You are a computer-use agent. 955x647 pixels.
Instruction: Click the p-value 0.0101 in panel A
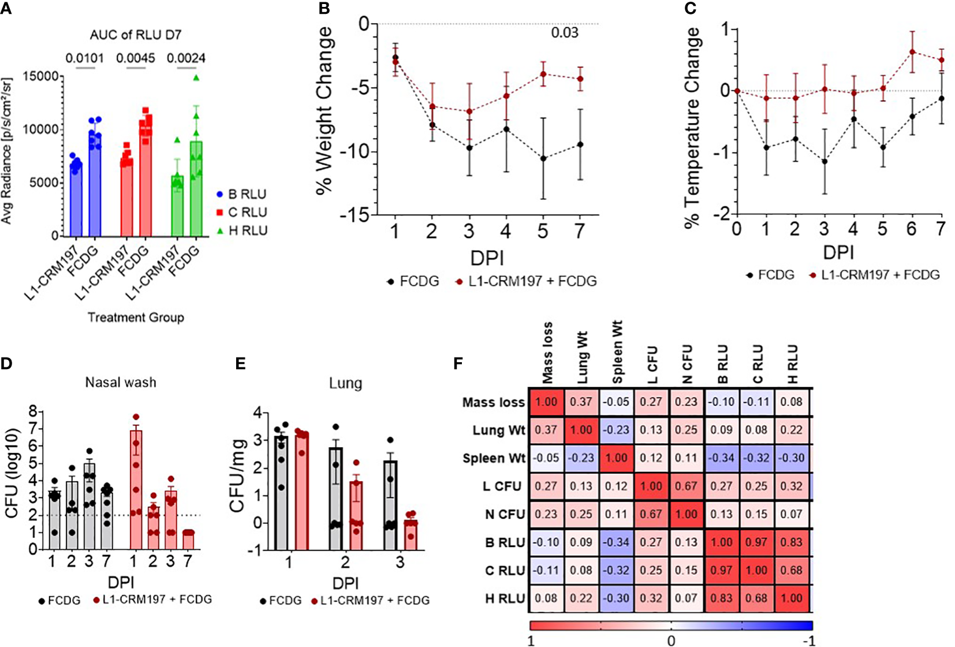point(84,58)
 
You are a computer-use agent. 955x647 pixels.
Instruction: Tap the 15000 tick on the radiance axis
point(43,76)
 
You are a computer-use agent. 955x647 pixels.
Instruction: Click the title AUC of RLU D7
point(136,35)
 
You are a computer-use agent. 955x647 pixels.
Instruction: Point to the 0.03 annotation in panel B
point(564,32)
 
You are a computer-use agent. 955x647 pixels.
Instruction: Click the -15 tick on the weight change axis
point(355,215)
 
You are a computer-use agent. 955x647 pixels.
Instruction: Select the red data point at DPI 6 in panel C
point(912,52)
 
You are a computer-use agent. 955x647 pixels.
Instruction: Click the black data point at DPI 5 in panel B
point(543,158)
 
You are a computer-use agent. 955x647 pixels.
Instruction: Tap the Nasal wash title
point(121,382)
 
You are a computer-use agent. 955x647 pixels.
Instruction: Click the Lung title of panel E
point(345,384)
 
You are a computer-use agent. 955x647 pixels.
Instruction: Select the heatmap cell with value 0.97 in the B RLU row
point(757,542)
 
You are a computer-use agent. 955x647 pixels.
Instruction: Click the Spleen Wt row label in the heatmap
point(494,458)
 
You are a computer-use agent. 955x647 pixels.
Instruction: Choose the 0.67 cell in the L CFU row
point(687,486)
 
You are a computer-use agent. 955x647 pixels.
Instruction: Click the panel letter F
point(458,364)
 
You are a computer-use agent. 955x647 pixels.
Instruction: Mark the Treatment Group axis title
point(136,317)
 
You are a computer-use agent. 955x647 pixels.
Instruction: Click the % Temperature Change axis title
point(693,127)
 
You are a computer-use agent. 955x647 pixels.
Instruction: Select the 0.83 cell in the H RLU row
point(722,599)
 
